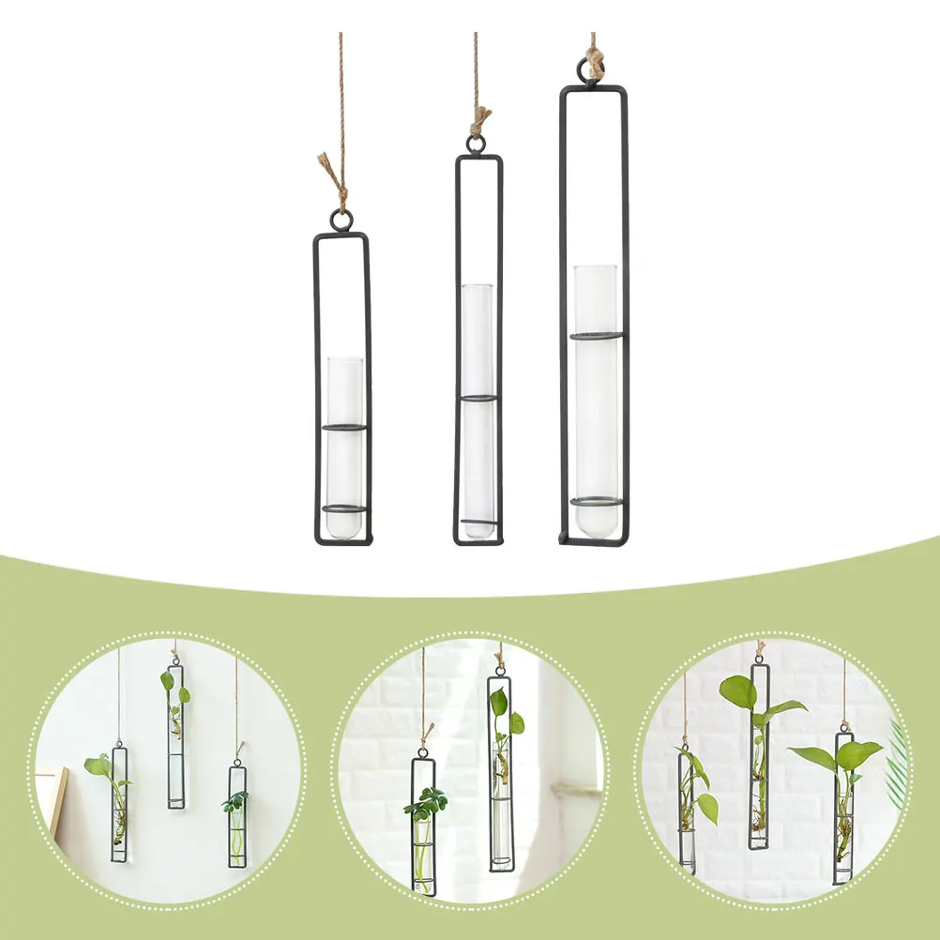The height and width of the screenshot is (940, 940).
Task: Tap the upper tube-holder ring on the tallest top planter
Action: coord(598,335)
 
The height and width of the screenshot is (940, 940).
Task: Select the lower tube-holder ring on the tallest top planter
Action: coord(598,501)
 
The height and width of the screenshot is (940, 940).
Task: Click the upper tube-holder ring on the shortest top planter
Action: coord(343,428)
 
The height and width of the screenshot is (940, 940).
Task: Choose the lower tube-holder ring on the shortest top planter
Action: coord(343,509)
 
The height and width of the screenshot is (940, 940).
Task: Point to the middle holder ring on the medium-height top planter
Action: coord(478,399)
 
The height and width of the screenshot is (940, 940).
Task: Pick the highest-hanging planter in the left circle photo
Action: coord(175,736)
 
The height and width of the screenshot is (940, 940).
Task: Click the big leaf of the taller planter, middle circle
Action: coord(498,701)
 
